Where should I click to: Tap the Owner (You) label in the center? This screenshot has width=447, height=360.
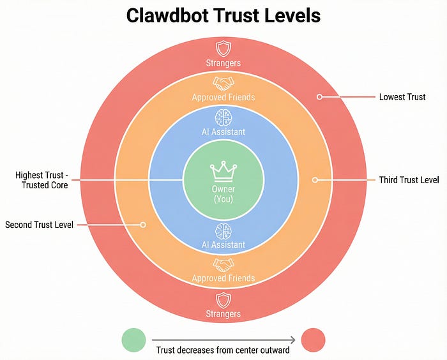[223, 194]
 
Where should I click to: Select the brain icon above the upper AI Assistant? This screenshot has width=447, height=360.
[223, 117]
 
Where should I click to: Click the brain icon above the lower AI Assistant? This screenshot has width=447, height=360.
[223, 231]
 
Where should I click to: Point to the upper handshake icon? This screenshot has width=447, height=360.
[223, 84]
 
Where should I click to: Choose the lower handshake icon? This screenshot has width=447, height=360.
[223, 265]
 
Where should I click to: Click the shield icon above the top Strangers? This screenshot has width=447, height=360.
[223, 49]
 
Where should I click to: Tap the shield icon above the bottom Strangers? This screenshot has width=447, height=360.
[223, 301]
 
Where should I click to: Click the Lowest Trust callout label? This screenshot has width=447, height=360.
[402, 97]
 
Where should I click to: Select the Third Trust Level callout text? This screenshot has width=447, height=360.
[409, 180]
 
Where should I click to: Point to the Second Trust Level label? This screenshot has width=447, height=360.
[40, 225]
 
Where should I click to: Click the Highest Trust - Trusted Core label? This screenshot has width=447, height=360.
[42, 180]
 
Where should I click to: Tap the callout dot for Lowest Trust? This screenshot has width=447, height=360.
[319, 97]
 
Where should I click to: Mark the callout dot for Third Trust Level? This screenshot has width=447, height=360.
[315, 180]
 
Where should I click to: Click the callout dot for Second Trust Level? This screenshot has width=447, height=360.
[143, 225]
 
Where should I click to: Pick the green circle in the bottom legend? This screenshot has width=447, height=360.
[133, 340]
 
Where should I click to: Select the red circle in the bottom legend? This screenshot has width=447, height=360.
[313, 340]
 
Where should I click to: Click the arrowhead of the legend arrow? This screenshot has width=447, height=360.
[293, 340]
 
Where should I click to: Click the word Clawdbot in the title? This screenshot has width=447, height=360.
[167, 15]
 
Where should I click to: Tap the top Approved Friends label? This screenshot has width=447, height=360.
[223, 97]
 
